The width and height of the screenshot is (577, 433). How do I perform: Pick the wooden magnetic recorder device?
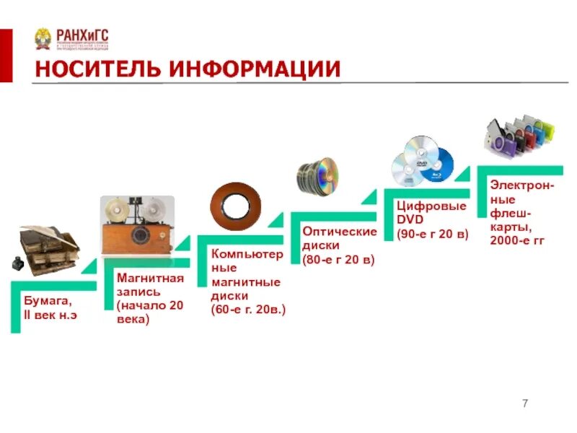pyautogui.click(x=137, y=223)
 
